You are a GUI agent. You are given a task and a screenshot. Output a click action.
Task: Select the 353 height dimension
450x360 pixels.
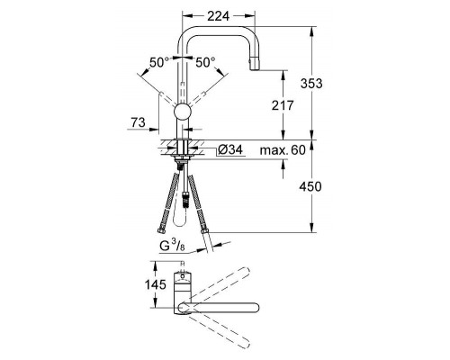point(310,83)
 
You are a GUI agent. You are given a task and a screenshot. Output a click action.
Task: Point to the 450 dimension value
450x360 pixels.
point(310,189)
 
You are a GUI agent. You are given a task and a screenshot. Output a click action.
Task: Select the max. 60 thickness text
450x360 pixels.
point(283,149)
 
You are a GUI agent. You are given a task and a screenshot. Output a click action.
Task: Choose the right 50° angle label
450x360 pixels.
point(206,63)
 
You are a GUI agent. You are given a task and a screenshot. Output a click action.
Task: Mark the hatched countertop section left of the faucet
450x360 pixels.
point(166,143)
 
